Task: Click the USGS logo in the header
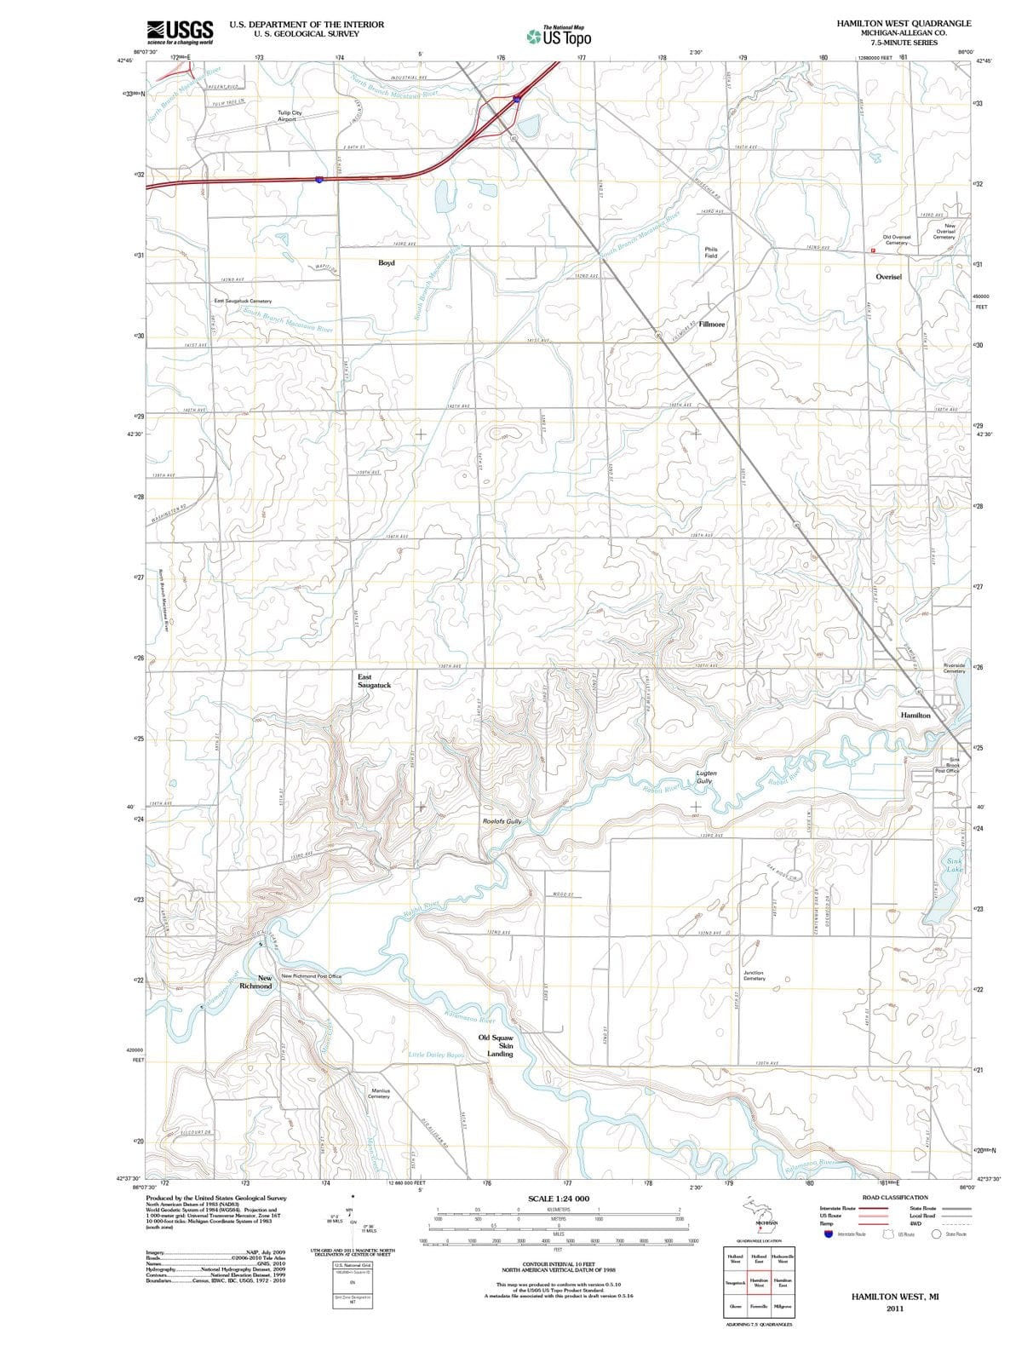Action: point(180,31)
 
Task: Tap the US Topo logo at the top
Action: point(559,36)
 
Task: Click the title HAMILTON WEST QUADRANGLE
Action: point(904,23)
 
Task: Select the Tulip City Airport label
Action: point(290,116)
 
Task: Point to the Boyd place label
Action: point(387,263)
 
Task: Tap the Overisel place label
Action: point(893,277)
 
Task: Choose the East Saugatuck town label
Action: point(374,681)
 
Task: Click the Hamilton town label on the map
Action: point(915,716)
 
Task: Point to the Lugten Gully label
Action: point(706,777)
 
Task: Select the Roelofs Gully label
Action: point(502,821)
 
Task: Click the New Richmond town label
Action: point(256,982)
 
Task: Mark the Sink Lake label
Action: point(955,866)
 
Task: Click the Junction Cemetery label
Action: point(754,975)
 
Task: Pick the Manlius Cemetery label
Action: point(378,1093)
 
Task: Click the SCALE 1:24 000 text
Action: point(559,1199)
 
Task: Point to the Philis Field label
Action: point(711,252)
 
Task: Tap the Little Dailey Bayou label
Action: point(437,1055)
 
